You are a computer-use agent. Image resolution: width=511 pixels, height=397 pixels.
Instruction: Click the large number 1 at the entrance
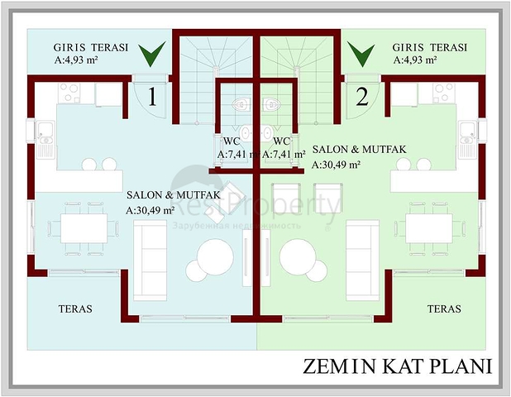[152, 97]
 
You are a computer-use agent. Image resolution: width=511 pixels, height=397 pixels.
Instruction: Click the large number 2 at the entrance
[362, 97]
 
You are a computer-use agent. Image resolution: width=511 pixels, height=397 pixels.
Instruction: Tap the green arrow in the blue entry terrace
[152, 54]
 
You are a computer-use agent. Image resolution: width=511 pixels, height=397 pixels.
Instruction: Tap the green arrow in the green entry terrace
[361, 54]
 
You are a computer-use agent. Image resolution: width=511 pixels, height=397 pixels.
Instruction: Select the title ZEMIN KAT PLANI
[397, 366]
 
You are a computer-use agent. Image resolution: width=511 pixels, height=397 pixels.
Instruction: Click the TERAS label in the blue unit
[75, 309]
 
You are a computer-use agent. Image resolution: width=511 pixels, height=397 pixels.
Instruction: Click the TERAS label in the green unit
[444, 309]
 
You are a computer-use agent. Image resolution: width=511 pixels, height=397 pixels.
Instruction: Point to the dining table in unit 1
[84, 228]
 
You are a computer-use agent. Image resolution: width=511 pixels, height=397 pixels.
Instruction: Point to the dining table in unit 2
[429, 228]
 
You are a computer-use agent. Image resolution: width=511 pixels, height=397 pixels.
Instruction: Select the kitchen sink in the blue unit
[45, 140]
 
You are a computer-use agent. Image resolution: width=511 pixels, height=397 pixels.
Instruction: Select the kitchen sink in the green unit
[468, 140]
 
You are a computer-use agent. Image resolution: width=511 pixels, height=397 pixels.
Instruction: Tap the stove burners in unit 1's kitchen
[69, 93]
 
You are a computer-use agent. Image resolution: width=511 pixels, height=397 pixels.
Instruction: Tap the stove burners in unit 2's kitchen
[444, 93]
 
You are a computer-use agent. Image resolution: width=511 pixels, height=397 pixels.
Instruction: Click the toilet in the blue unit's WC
[241, 104]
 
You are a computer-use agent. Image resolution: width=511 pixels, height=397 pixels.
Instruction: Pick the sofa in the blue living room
[150, 261]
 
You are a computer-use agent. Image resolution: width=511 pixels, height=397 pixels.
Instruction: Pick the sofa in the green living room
[362, 261]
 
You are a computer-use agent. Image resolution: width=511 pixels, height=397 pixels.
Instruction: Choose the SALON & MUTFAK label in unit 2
[360, 149]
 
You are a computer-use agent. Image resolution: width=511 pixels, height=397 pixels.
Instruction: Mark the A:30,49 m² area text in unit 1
[150, 210]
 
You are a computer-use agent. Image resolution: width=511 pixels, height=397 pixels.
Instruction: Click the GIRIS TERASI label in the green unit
[429, 47]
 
